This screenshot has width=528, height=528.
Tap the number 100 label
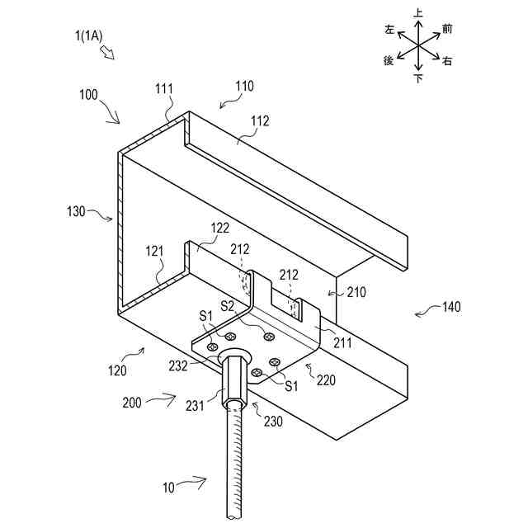point(92,96)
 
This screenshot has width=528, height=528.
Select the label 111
point(165,89)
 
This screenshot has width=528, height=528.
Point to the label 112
point(260,120)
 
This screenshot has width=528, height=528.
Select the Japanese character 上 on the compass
point(418,12)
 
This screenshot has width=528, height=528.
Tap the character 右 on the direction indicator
point(446,61)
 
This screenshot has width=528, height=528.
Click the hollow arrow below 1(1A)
point(108,52)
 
